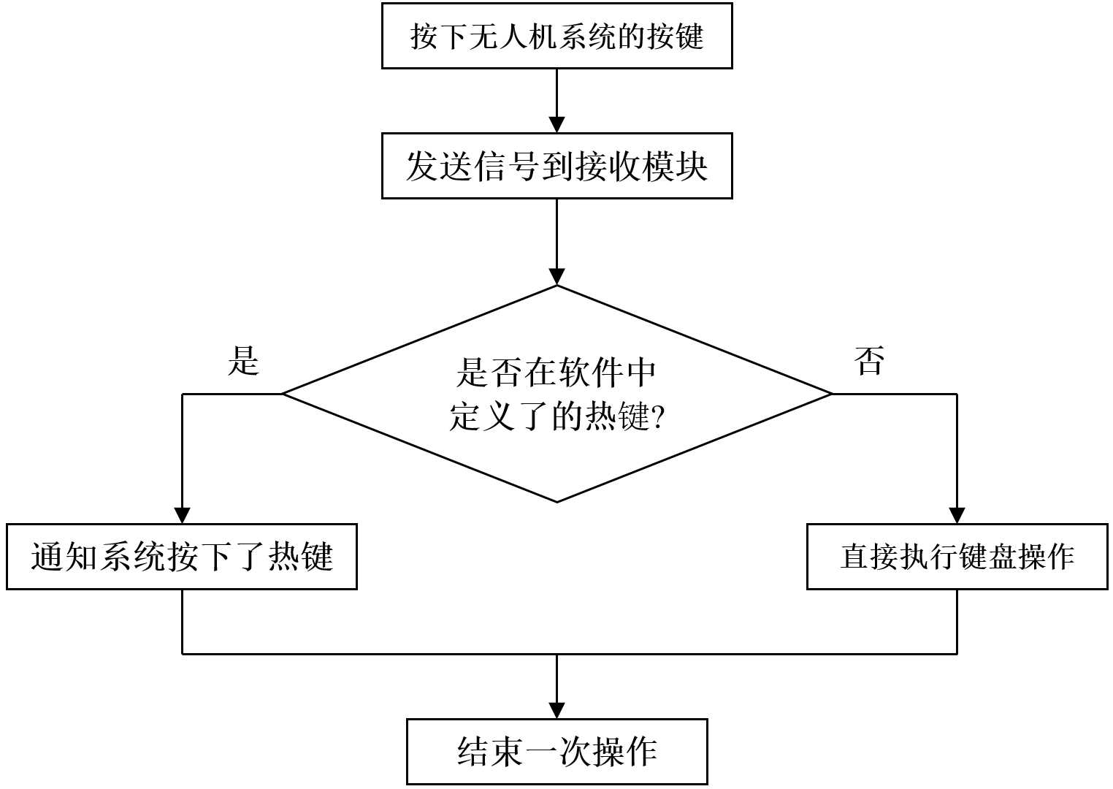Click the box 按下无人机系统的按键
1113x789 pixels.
point(556,36)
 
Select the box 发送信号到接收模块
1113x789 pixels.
point(556,166)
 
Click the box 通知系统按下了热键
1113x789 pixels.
point(181,557)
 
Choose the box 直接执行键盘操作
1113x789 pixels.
point(957,557)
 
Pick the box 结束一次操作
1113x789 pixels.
point(556,752)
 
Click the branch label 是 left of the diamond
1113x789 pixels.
point(243,361)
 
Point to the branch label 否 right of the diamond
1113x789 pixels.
point(869,361)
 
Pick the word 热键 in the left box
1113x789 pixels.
point(301,557)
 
